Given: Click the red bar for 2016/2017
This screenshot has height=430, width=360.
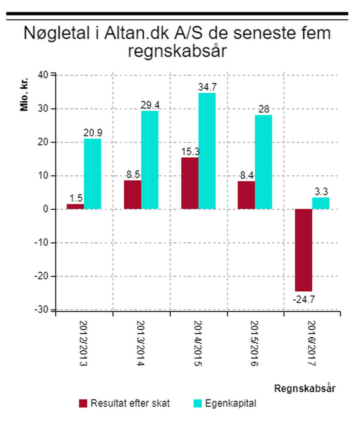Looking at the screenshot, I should pos(303,250).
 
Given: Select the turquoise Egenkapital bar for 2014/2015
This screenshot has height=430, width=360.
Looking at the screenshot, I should pos(207,151).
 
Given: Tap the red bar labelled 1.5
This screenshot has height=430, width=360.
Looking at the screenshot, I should pos(75,206).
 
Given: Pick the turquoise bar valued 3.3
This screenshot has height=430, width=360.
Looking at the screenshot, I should pos(321,203).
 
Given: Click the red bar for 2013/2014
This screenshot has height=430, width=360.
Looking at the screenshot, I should pos(132,195).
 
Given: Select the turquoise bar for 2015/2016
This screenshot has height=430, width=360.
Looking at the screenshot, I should pos(263,162).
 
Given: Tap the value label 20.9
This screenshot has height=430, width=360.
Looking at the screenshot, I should pos(93,133).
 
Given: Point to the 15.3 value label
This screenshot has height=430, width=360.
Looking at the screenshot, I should pos(189,152).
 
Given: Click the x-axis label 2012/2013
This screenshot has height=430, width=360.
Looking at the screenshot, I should pos(84,343).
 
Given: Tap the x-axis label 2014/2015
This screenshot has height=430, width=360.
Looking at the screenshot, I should pos(198,343).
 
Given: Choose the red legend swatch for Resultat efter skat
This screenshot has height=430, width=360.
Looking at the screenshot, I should pos(83,403).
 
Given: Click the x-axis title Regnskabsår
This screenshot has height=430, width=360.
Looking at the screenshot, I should pos(304,388).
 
